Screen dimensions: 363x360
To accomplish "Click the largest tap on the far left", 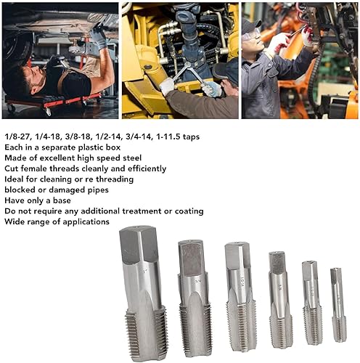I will (142, 290).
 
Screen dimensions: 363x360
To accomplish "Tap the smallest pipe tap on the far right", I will (337, 305).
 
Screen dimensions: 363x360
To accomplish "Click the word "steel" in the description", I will (129, 158).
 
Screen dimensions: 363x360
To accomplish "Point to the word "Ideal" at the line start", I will (14, 179).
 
